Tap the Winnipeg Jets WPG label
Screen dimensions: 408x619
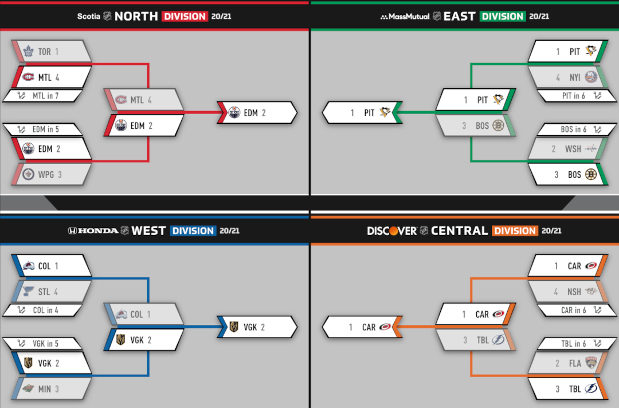(x=46, y=174)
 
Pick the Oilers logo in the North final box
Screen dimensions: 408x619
(x=234, y=113)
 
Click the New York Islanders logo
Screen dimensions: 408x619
(x=591, y=77)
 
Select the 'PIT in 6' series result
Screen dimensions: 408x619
(x=573, y=96)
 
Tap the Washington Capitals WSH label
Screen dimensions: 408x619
(x=573, y=149)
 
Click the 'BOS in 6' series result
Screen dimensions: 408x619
(x=573, y=130)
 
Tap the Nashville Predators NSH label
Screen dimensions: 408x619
(x=574, y=292)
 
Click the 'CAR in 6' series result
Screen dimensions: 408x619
(x=573, y=310)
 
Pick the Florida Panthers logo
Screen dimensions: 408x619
(x=591, y=363)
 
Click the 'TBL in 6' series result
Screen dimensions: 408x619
(x=573, y=344)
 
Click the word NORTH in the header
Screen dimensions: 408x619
(x=136, y=16)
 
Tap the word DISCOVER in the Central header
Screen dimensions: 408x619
(x=391, y=231)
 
